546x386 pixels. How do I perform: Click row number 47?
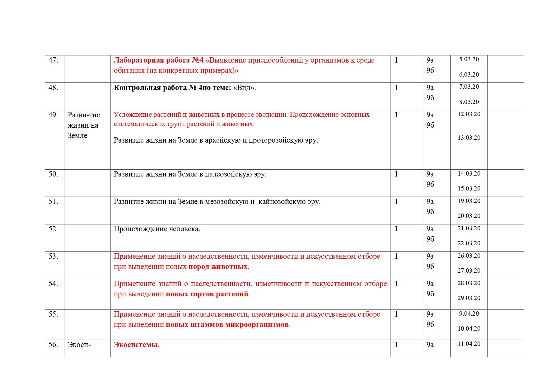(53, 60)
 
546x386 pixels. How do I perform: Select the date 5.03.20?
(469, 59)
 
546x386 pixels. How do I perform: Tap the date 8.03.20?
(469, 102)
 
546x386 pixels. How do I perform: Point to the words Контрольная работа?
(150, 88)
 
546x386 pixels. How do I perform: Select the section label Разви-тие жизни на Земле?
(84, 125)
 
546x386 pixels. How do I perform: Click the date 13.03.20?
(469, 138)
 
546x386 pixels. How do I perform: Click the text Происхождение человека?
(157, 229)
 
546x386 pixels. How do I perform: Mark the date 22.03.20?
(469, 243)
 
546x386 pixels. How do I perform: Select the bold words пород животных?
(218, 267)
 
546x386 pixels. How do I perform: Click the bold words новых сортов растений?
(207, 294)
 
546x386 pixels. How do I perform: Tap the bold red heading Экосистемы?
(136, 345)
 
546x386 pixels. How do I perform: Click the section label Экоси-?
(79, 345)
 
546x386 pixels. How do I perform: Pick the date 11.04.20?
(469, 344)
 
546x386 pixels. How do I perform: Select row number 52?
(53, 229)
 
